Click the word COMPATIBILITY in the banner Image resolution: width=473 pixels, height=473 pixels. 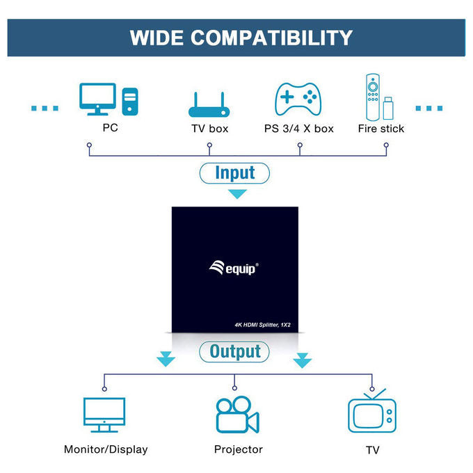pyautogui.click(x=271, y=38)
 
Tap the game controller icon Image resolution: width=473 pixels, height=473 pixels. pyautogui.click(x=298, y=99)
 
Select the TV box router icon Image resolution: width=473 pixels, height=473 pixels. pyautogui.click(x=209, y=104)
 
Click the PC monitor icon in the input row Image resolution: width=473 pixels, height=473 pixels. pyautogui.click(x=97, y=99)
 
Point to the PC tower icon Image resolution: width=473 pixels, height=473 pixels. pyautogui.click(x=130, y=102)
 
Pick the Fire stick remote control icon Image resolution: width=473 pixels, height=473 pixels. pyautogui.click(x=373, y=97)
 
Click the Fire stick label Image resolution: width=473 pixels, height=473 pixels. pyautogui.click(x=381, y=129)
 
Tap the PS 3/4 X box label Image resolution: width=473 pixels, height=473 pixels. pyautogui.click(x=299, y=129)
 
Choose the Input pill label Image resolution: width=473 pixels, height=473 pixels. pyautogui.click(x=234, y=173)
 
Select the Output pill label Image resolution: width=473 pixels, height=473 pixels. pyautogui.click(x=234, y=351)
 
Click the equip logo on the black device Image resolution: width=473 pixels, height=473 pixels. pyautogui.click(x=234, y=268)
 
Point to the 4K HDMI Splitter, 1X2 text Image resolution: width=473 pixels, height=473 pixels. pyautogui.click(x=262, y=325)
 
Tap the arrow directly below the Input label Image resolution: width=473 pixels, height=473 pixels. pyautogui.click(x=237, y=193)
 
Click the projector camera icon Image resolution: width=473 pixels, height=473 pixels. pyautogui.click(x=238, y=415)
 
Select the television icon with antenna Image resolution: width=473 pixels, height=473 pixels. pyautogui.click(x=372, y=411)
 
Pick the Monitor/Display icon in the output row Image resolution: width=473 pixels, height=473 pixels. pyautogui.click(x=104, y=415)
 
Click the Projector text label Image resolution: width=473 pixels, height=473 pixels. pyautogui.click(x=239, y=449)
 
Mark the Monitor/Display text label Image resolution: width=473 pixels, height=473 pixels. pyautogui.click(x=106, y=449)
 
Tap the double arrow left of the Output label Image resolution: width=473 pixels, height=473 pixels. pyautogui.click(x=166, y=359)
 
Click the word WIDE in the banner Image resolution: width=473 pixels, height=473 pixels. pyautogui.click(x=157, y=38)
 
